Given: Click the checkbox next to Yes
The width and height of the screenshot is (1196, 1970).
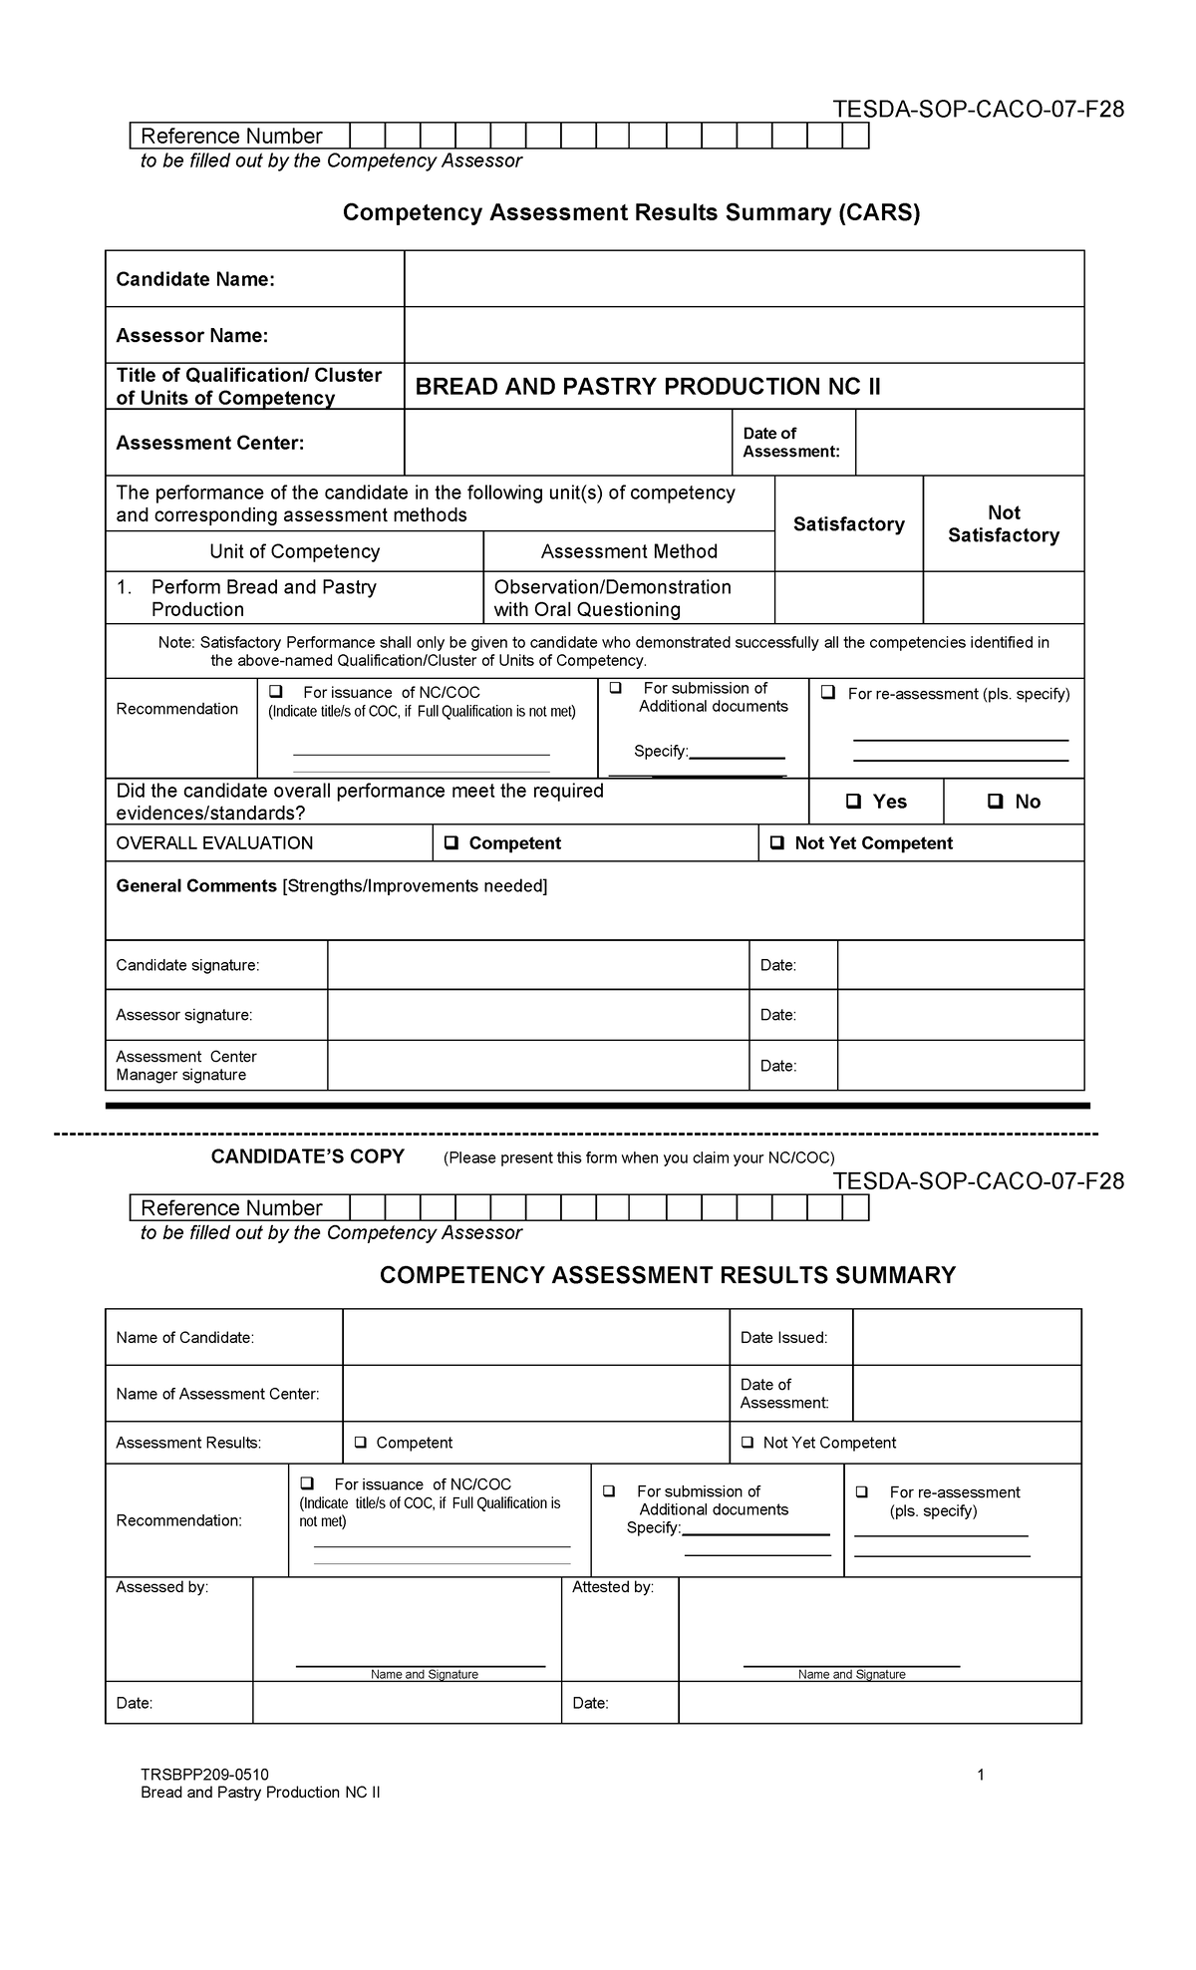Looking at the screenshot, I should [853, 802].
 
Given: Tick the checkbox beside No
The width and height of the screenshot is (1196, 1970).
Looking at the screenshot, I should [995, 802].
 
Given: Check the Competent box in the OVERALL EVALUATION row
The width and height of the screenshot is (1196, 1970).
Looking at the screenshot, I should [451, 843].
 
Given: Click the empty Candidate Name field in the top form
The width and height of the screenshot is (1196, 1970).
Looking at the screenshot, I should [743, 279].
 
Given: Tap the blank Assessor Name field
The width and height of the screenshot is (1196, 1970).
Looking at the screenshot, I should [743, 335].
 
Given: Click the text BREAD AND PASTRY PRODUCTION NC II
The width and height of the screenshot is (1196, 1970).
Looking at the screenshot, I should [648, 387].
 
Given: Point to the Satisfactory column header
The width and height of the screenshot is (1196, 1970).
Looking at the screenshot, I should [848, 524].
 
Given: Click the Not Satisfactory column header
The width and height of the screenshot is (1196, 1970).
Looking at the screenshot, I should [1003, 524].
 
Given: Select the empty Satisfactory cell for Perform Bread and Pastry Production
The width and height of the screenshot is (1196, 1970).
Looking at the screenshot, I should [848, 598].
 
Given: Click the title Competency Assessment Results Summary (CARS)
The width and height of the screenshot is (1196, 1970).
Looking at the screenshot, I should [631, 212].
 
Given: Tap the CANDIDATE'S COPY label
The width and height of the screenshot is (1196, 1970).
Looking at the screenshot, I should [307, 1156].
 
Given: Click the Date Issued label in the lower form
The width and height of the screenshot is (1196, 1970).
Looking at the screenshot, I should [783, 1338].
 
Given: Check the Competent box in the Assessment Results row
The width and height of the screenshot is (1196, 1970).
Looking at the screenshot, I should [360, 1443].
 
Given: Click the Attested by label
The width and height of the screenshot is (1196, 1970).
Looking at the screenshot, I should [612, 1587].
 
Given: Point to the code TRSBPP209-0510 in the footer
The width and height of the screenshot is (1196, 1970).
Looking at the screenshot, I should [204, 1775].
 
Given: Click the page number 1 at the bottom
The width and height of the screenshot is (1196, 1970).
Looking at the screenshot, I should [981, 1775].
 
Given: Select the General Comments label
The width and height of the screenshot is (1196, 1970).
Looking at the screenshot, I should [196, 886].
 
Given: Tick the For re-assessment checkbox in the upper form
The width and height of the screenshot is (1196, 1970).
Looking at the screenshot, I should [828, 694].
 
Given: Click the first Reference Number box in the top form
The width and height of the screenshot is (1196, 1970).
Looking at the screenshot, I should [367, 137].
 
